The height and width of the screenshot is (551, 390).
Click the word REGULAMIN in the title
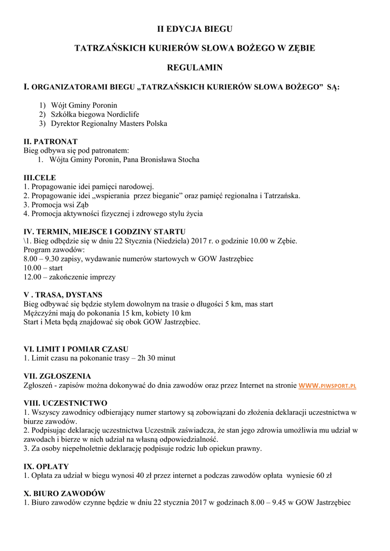194,68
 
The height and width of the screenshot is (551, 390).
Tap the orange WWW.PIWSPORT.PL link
327,385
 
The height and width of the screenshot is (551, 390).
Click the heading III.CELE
40,178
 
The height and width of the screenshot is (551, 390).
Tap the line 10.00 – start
43,268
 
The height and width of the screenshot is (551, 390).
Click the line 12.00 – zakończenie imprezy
69,277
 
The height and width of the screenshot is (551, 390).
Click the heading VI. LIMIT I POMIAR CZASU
76,349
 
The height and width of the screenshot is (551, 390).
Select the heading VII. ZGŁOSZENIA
57,376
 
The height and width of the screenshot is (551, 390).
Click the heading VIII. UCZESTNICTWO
66,403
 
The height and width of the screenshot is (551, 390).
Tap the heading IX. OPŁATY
46,467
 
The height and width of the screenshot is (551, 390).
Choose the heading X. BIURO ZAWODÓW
64,493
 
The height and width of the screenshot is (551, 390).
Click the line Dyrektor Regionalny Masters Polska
109,124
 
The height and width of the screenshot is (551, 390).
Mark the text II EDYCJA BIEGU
194,28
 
